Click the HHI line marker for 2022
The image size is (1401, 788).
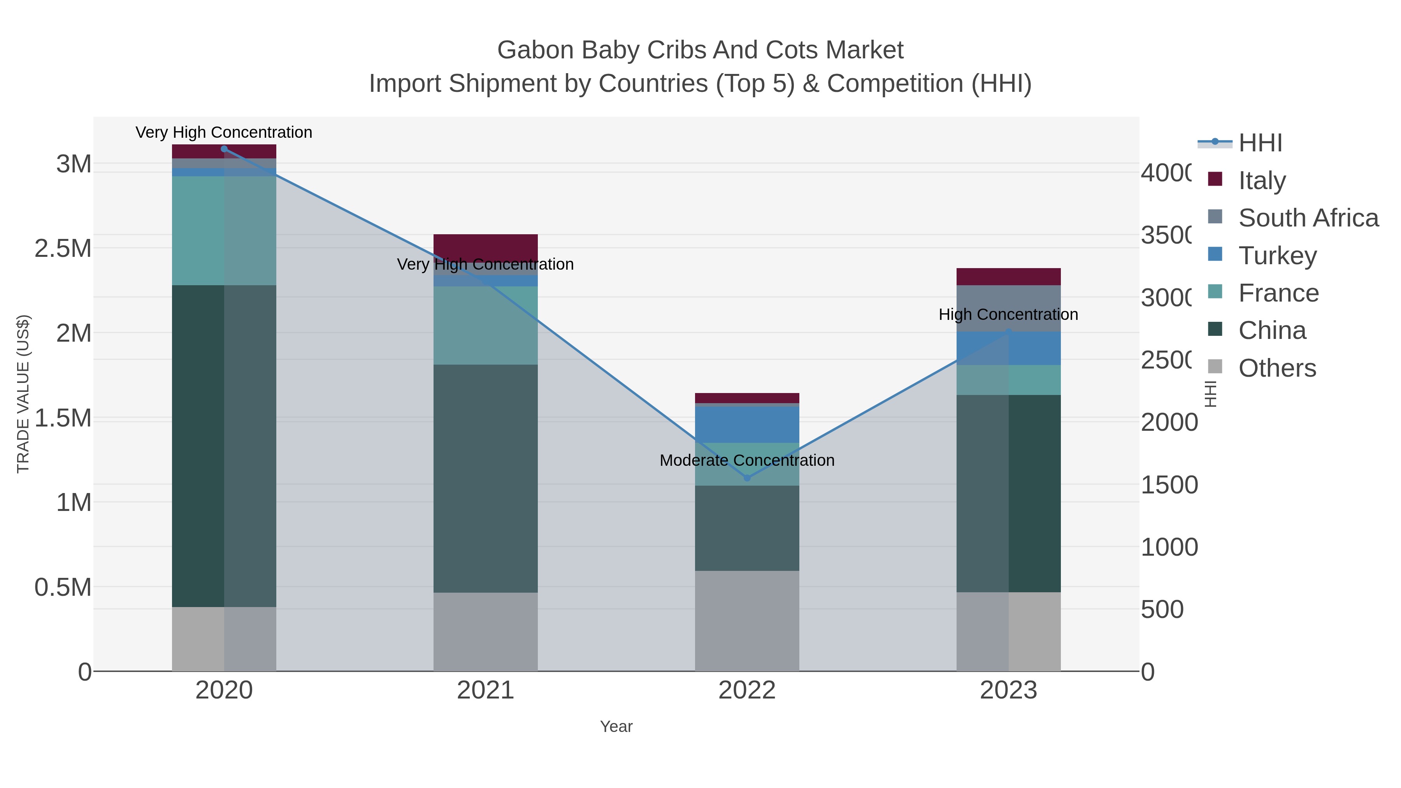tap(747, 478)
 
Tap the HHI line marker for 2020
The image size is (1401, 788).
tap(224, 149)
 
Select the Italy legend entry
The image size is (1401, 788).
tap(1262, 181)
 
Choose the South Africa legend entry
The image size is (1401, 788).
tap(1308, 218)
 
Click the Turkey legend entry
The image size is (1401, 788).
tap(1277, 256)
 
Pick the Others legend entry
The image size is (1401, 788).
tap(1276, 368)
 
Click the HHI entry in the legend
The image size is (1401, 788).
tap(1260, 143)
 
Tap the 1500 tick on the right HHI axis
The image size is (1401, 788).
tap(1169, 485)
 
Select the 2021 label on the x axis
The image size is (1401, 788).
tap(485, 691)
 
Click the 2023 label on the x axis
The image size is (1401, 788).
tap(1008, 691)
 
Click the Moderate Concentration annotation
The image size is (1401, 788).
tap(747, 461)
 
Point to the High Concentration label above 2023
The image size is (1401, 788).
tap(1008, 314)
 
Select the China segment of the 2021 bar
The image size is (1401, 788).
tap(485, 479)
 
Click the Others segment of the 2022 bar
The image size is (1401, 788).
tap(747, 621)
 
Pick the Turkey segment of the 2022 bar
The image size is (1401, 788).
tap(747, 425)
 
